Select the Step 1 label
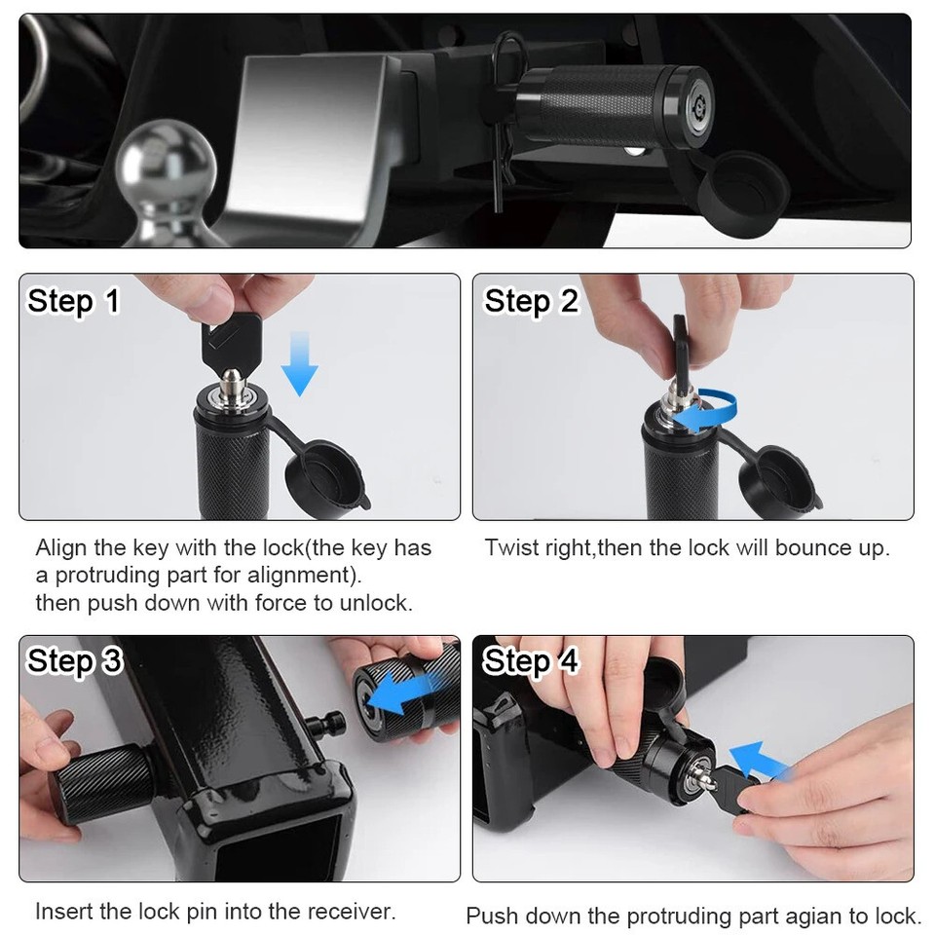(73, 301)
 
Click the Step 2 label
(531, 301)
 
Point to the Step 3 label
(75, 661)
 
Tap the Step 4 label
(531, 661)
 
